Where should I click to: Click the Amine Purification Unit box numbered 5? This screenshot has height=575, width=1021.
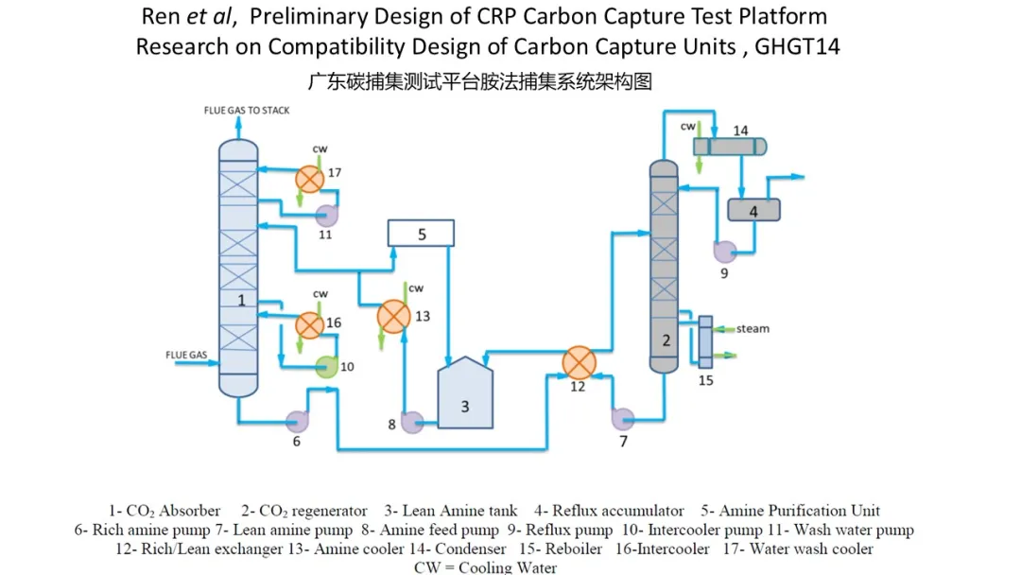(x=421, y=233)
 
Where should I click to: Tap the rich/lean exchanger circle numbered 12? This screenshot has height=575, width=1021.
(x=578, y=363)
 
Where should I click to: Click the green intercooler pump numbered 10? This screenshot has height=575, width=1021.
(x=326, y=367)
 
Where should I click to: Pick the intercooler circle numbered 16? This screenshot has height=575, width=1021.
(x=309, y=324)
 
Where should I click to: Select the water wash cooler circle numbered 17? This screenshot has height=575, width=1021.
(x=308, y=178)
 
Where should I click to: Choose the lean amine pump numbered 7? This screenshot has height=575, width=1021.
(x=622, y=418)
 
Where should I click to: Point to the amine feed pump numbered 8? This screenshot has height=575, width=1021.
(x=411, y=423)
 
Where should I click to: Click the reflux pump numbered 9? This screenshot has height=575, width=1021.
(x=725, y=252)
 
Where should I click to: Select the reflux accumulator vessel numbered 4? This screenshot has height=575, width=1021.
(x=753, y=210)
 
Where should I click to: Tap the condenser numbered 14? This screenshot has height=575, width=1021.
(x=731, y=146)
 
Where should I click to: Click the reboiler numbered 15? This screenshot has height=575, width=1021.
(x=705, y=341)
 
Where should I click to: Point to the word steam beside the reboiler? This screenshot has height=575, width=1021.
(x=753, y=329)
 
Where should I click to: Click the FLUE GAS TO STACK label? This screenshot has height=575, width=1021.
(x=247, y=111)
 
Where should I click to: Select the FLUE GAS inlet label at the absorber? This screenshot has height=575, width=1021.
(x=186, y=356)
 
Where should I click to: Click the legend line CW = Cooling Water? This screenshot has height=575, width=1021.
(x=485, y=567)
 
